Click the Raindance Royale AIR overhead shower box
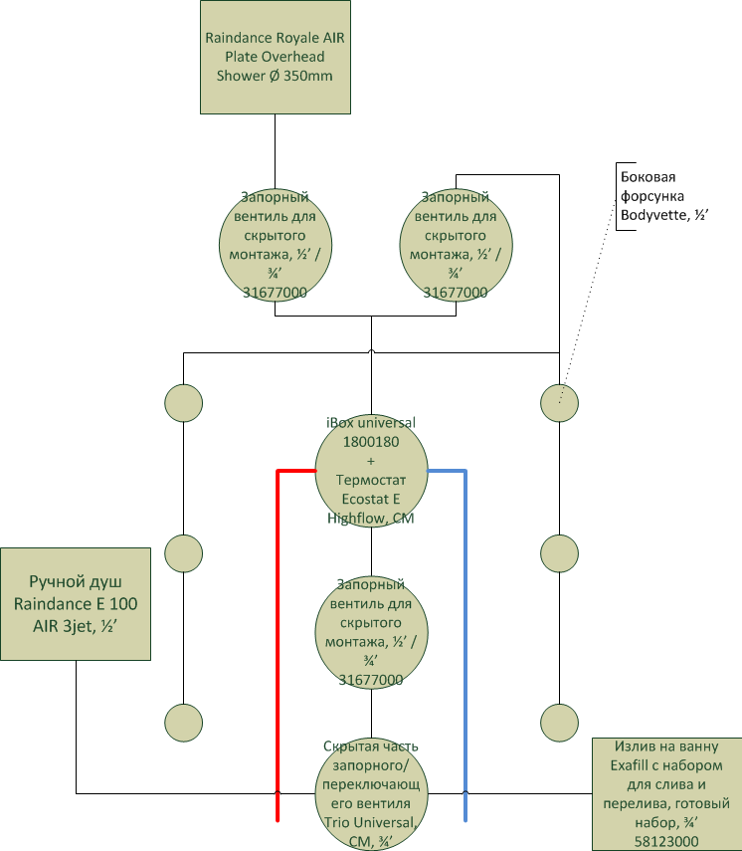[x=275, y=57]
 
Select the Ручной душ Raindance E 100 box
[x=76, y=604]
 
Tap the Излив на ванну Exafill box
[x=666, y=794]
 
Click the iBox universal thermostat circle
[x=372, y=471]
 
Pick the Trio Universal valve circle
[x=372, y=794]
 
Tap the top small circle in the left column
[x=183, y=403]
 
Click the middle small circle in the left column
[x=183, y=553]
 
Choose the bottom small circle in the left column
[x=183, y=723]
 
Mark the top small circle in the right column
[x=559, y=403]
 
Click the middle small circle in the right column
[x=559, y=553]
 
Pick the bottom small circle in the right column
[x=559, y=723]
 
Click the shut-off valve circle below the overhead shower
[x=275, y=245]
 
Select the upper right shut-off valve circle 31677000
[x=456, y=245]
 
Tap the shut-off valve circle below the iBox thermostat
[x=372, y=632]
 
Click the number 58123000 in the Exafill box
[x=666, y=842]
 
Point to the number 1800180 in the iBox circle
[x=371, y=442]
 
